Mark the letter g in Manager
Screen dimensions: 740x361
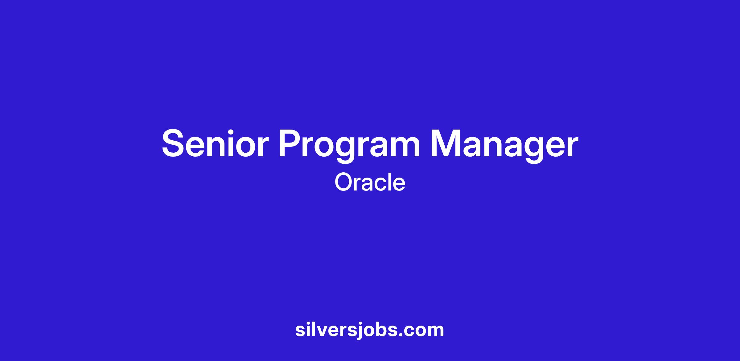coord(532,150)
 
